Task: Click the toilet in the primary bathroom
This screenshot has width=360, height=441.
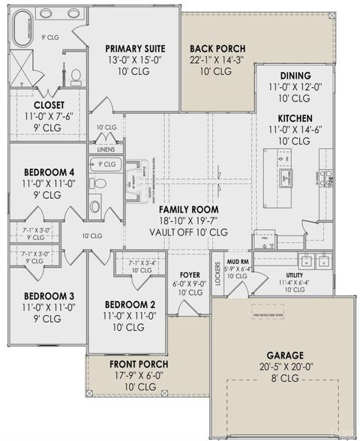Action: click(x=76, y=76)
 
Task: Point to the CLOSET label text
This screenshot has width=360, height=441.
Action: click(x=48, y=105)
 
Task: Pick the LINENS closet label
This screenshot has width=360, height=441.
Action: click(x=106, y=150)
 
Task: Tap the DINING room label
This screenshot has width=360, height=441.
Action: click(x=290, y=76)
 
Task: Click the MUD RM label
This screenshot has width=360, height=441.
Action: click(x=238, y=262)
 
